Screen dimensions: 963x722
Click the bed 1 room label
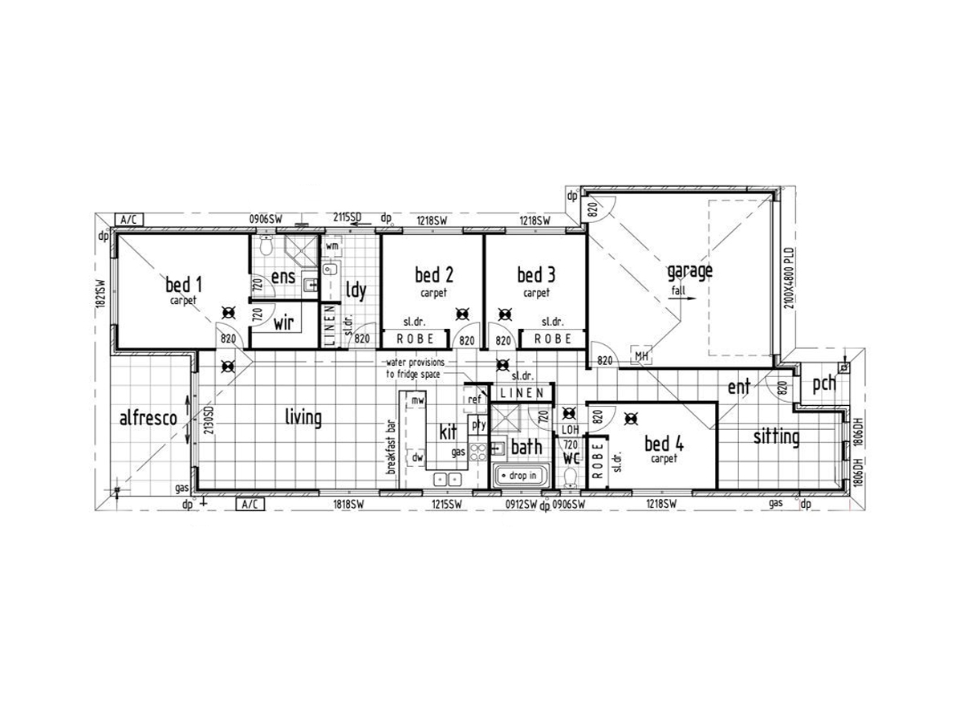tap(184, 285)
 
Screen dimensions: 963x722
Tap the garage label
tap(689, 272)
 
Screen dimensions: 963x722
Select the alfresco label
tap(148, 418)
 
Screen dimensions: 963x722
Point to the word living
tap(303, 417)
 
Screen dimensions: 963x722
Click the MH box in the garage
tap(641, 356)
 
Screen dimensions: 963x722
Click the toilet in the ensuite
tap(266, 245)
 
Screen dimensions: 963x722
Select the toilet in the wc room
tap(570, 478)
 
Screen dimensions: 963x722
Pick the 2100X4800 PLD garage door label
tap(789, 278)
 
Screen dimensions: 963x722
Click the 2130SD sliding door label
tap(209, 420)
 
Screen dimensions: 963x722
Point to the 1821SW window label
tap(100, 294)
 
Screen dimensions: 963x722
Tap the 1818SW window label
tap(348, 505)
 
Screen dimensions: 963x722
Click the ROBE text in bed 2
tap(415, 339)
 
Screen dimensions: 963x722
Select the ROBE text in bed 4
tap(598, 460)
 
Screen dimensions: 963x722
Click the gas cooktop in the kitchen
tap(477, 452)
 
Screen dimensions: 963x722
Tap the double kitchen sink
tap(447, 480)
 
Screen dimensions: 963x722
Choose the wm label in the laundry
tap(332, 245)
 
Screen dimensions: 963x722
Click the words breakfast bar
tap(392, 447)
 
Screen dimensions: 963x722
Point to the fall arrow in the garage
tap(682, 298)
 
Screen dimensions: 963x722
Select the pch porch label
tap(824, 384)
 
